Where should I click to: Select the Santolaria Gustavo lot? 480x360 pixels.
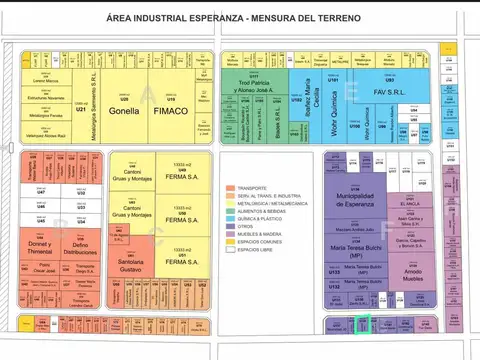coord(131,264)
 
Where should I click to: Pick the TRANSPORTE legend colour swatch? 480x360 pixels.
coord(225,188)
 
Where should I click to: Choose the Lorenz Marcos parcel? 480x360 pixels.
coord(47,78)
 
